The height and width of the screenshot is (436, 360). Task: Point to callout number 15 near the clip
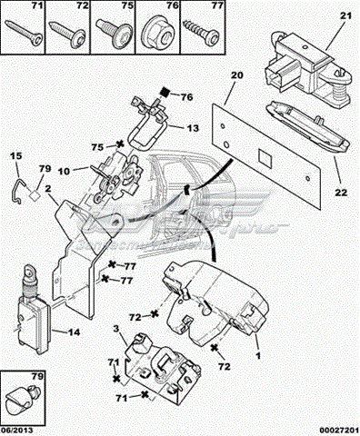[15, 156]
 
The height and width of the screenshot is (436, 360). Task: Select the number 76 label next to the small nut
[185, 95]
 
